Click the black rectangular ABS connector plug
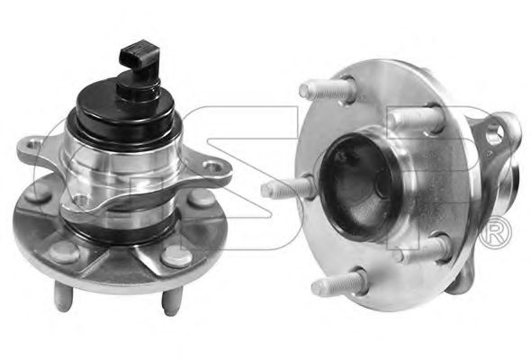click(137, 55)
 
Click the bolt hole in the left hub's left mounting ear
click(32, 146)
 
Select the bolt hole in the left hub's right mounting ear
click(212, 166)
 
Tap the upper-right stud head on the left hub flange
click(202, 198)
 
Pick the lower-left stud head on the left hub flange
click(64, 252)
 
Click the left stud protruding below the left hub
click(63, 297)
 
